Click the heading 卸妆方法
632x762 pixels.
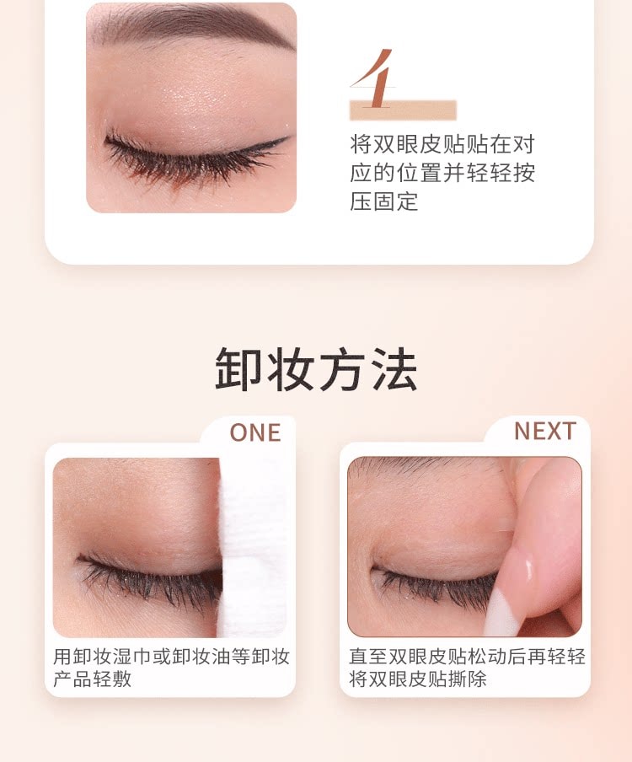[x=316, y=368]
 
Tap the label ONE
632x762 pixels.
[x=254, y=432]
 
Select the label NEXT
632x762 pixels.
[x=545, y=431]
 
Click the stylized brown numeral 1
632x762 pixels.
[x=378, y=80]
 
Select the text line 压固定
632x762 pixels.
[x=383, y=202]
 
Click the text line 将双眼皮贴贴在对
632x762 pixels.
[x=442, y=144]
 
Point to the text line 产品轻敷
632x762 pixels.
[x=93, y=679]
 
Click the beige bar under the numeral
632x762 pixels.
[x=403, y=110]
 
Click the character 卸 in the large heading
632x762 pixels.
[x=240, y=368]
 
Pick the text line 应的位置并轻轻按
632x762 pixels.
[x=442, y=174]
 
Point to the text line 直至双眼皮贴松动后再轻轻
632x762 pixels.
[x=467, y=657]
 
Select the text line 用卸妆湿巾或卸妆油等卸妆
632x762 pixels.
[x=171, y=657]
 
